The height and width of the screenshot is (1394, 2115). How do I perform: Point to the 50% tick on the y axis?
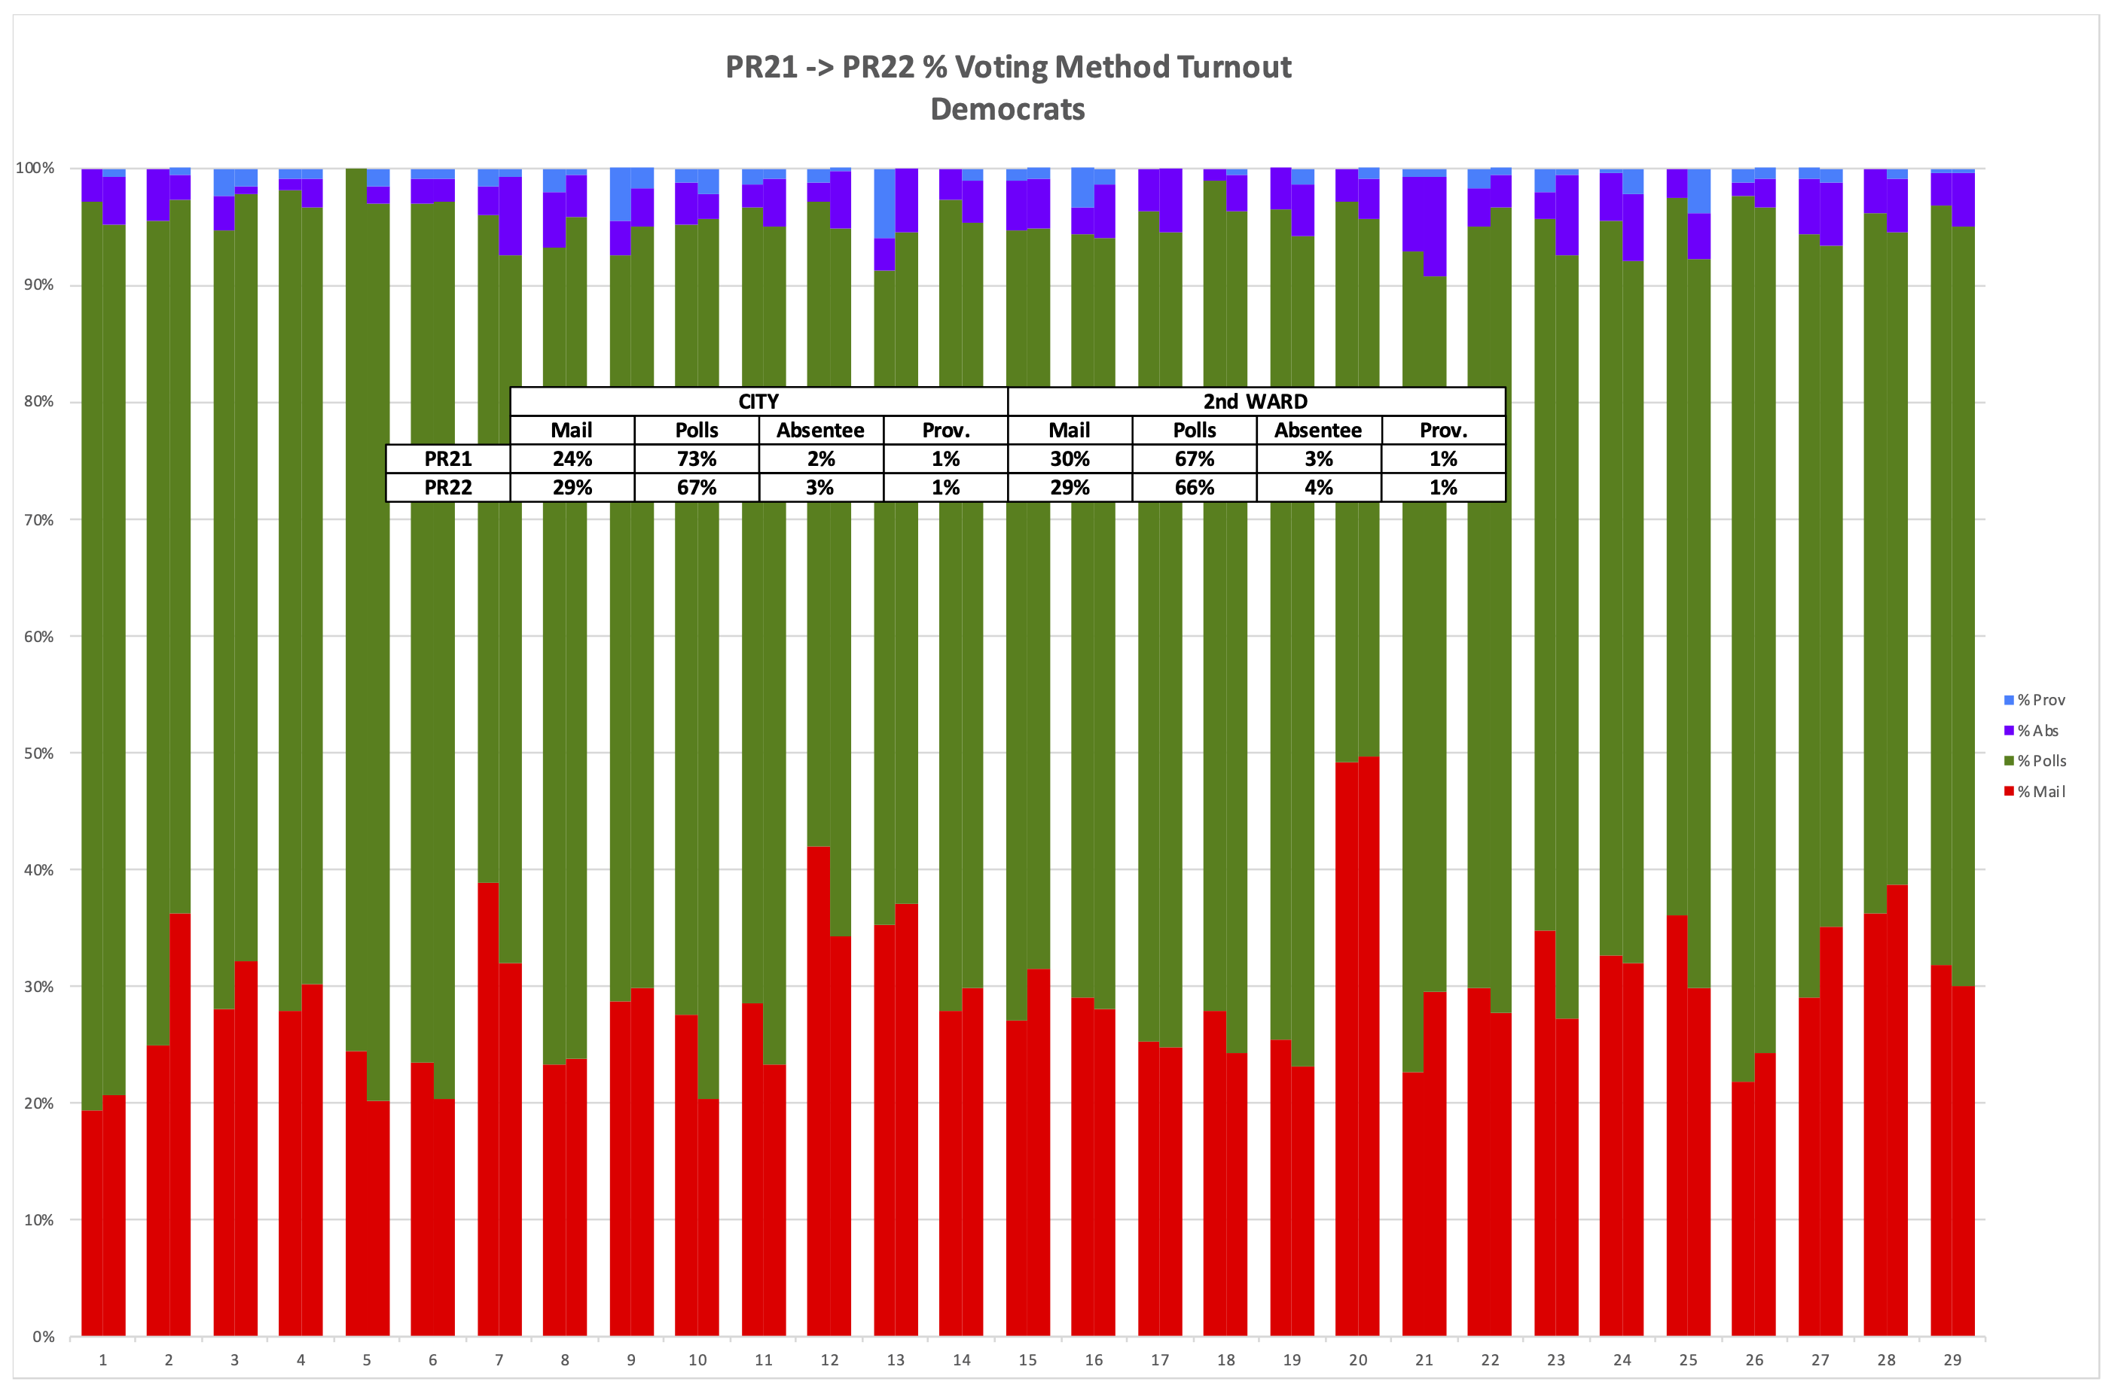pyautogui.click(x=38, y=753)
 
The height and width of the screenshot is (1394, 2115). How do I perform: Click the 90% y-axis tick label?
pyautogui.click(x=38, y=285)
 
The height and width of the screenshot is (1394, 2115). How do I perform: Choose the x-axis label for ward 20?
pyautogui.click(x=1357, y=1360)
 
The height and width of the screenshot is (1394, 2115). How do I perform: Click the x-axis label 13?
pyautogui.click(x=895, y=1360)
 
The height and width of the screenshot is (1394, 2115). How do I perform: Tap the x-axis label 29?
pyautogui.click(x=1952, y=1360)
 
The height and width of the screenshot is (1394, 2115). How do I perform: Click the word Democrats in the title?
pyautogui.click(x=1007, y=109)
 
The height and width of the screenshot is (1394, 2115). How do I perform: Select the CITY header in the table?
pyautogui.click(x=758, y=402)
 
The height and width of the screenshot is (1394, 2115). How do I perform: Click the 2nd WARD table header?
pyautogui.click(x=1255, y=402)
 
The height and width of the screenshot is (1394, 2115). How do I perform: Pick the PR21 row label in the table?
pyautogui.click(x=447, y=458)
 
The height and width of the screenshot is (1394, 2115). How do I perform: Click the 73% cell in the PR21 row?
pyautogui.click(x=697, y=458)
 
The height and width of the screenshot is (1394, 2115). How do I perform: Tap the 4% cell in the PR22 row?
pyautogui.click(x=1318, y=487)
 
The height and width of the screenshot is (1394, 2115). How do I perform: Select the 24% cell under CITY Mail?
pyautogui.click(x=572, y=458)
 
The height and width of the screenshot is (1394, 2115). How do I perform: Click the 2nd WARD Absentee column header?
pyautogui.click(x=1318, y=431)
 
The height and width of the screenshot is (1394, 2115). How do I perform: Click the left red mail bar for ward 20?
pyautogui.click(x=1346, y=1049)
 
